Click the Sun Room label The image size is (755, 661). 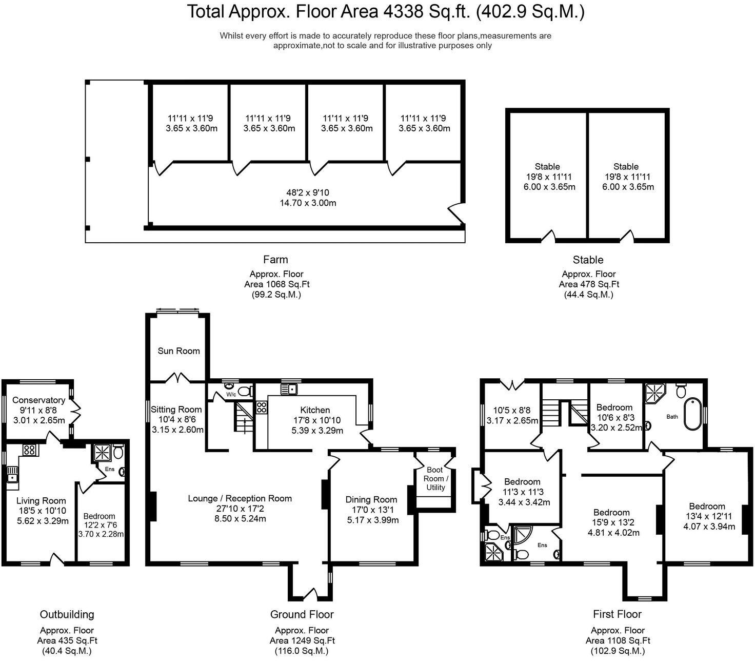coord(178,351)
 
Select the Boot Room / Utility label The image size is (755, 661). coord(435,478)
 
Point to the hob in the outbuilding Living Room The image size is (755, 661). coord(29,450)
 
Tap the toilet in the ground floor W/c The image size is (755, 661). coord(245,392)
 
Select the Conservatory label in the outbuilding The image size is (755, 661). coord(38,400)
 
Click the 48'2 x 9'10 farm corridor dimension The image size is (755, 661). coord(308,193)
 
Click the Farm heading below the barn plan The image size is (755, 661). coord(275,260)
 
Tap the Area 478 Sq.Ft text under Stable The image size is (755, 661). coord(588,284)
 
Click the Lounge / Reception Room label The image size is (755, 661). coord(240,498)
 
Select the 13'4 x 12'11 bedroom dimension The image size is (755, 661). coord(706,516)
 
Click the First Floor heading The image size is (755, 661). coord(617,614)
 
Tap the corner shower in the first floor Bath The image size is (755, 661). coord(654,393)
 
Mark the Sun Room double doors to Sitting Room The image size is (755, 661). coord(179,379)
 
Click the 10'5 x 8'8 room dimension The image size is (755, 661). coord(512,411)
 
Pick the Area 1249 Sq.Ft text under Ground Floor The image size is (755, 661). coord(302,640)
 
